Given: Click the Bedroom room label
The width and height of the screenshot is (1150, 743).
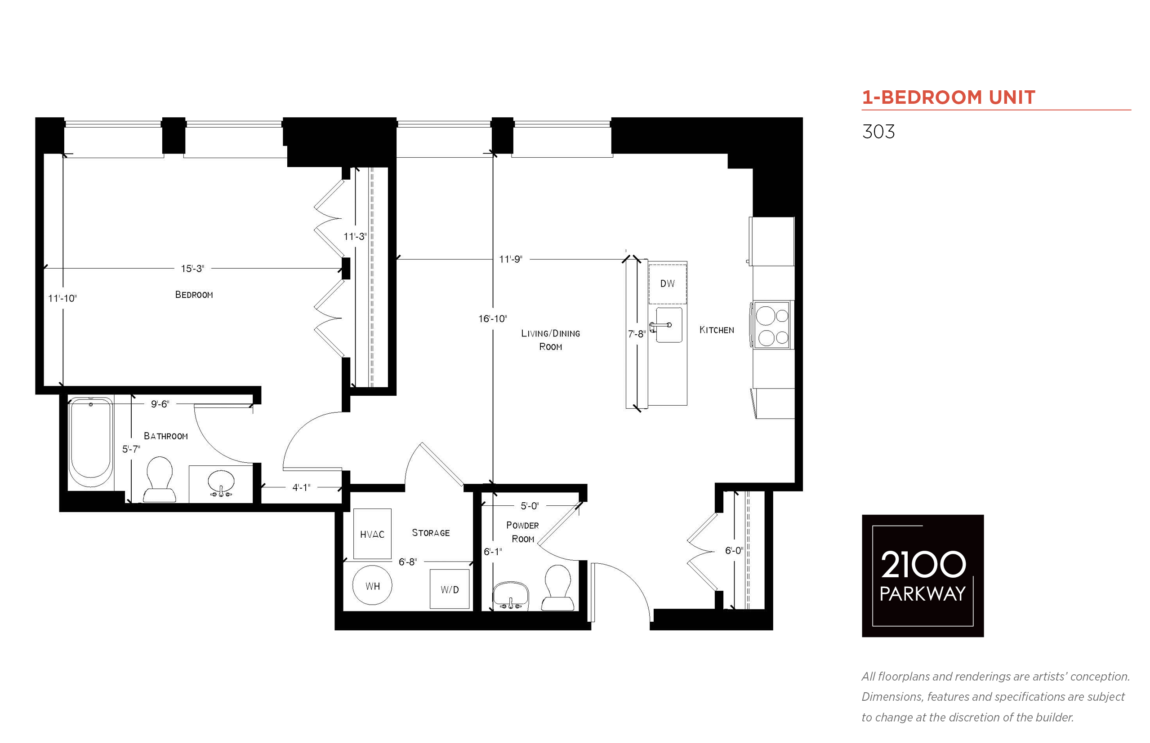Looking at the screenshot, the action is (x=194, y=294).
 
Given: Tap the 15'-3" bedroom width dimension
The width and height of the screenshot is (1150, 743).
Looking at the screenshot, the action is (x=192, y=268).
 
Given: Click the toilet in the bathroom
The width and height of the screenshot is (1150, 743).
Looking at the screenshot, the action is (x=159, y=479).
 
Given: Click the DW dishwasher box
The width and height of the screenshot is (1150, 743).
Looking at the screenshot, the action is (x=667, y=283).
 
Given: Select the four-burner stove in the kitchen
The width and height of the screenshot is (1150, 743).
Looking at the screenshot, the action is (x=771, y=324).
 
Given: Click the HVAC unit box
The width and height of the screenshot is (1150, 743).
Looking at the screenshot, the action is (x=372, y=534).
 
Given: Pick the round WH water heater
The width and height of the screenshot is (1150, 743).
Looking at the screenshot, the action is (x=372, y=585).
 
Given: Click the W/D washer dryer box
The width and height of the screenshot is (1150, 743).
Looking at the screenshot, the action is (x=450, y=589).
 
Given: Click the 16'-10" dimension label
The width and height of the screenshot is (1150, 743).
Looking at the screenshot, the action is (x=492, y=318).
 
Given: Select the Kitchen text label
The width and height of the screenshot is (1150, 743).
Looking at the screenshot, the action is (x=717, y=330).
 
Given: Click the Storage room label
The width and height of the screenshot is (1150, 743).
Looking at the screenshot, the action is (x=431, y=533).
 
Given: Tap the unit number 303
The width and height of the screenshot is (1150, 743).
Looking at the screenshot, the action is (x=878, y=132).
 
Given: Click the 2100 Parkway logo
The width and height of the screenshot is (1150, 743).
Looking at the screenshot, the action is (x=923, y=575).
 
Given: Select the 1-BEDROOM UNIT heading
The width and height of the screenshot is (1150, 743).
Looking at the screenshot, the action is (x=949, y=97).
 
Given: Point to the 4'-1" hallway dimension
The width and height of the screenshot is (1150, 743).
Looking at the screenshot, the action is (x=301, y=487).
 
